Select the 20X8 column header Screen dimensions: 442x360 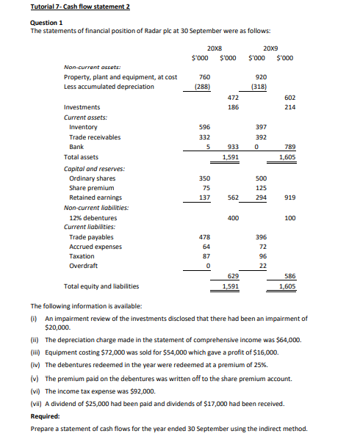click(x=215, y=47)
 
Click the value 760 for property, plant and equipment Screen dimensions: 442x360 click(x=205, y=76)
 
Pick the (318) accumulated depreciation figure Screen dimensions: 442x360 click(x=259, y=86)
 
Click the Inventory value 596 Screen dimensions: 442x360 click(x=204, y=127)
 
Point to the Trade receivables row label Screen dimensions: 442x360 click(x=95, y=137)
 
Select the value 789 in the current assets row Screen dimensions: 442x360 click(x=289, y=147)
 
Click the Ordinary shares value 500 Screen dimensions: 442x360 click(x=259, y=178)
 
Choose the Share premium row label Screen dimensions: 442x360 click(x=92, y=188)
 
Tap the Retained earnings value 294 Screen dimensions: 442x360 click(x=259, y=198)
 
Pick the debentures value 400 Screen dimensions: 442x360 click(x=232, y=218)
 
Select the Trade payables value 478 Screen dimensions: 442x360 click(x=204, y=237)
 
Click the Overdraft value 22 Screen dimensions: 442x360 click(x=262, y=266)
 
